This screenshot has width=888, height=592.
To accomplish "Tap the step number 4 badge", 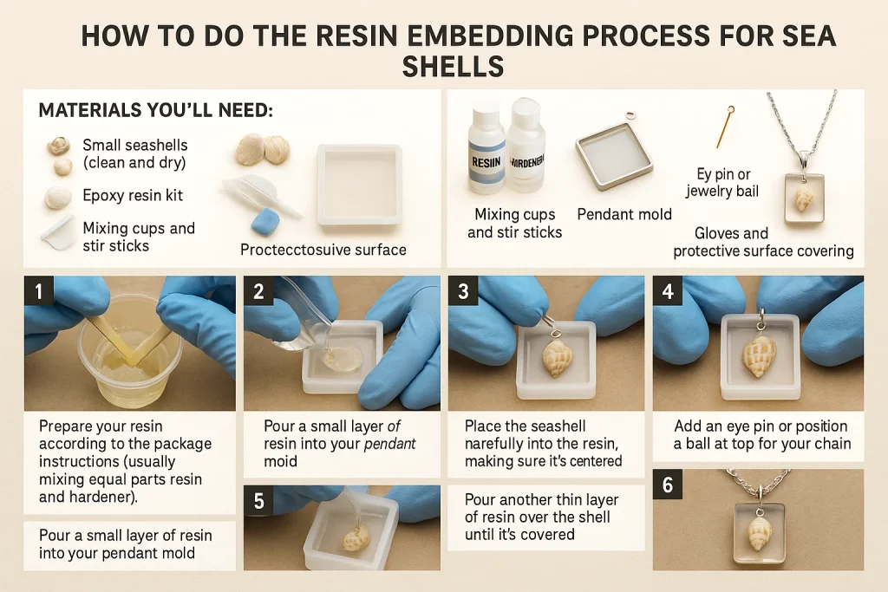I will [668, 290].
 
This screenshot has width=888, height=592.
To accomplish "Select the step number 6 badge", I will [668, 485].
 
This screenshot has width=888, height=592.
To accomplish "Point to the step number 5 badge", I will [258, 501].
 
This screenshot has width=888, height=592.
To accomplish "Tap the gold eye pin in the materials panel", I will [721, 127].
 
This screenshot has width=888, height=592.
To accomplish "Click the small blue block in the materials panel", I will [264, 220].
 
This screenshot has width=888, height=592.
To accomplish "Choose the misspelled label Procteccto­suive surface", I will [323, 250].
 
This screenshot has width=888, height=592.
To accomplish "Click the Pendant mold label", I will [624, 214].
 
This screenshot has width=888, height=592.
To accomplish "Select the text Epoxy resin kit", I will [133, 195].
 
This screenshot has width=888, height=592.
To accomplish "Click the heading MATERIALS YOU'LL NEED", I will [155, 112].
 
